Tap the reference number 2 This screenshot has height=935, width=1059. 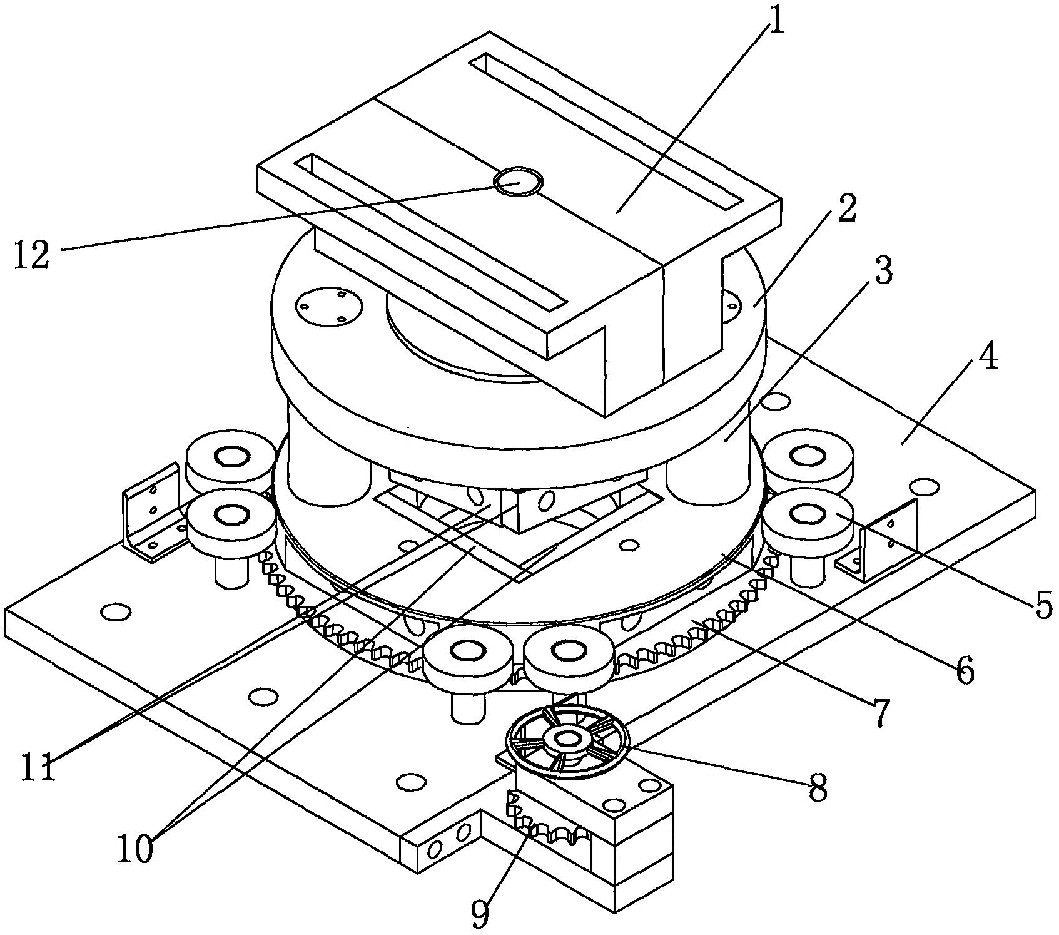pyautogui.click(x=845, y=210)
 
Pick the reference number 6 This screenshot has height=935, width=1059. pyautogui.click(x=963, y=670)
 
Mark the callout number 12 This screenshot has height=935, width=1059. pyautogui.click(x=32, y=255)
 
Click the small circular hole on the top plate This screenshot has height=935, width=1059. pyautogui.click(x=518, y=182)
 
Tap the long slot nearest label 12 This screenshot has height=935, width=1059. pyautogui.click(x=432, y=233)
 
